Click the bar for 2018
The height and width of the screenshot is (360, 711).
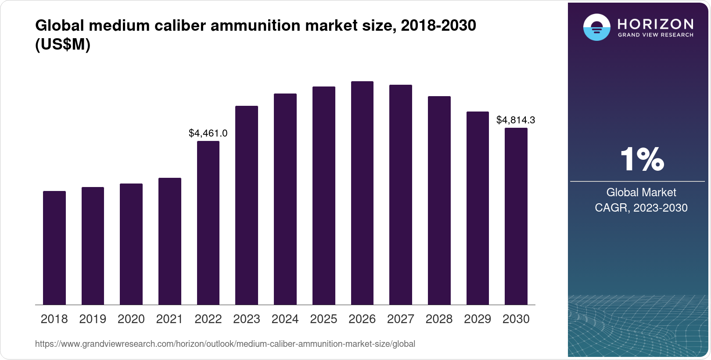pos(54,248)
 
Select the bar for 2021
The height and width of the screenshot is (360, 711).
pos(170,241)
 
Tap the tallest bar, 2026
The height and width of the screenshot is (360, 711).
pos(362,193)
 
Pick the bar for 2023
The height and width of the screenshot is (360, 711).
pos(247,205)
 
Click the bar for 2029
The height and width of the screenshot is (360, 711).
pos(478,208)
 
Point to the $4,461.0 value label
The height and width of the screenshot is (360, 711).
pos(208,133)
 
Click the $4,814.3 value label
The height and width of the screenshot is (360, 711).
pos(516,120)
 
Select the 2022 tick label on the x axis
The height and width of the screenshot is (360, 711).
pos(208,319)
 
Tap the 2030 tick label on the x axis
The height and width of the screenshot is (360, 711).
pos(516,319)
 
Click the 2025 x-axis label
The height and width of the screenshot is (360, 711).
pos(323,319)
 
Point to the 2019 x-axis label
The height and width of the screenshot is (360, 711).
pos(93,319)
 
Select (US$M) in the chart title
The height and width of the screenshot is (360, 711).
pos(63,44)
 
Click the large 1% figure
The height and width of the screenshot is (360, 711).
pos(642,159)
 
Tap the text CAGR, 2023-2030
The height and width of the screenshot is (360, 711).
pos(641,208)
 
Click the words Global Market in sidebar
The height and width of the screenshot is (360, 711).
pos(641,192)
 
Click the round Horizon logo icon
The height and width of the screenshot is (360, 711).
pos(596,27)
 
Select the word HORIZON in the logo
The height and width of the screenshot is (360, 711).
pos(655,24)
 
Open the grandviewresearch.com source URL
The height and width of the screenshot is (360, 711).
pos(225,344)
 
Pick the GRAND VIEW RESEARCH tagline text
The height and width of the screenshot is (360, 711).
pos(655,35)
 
